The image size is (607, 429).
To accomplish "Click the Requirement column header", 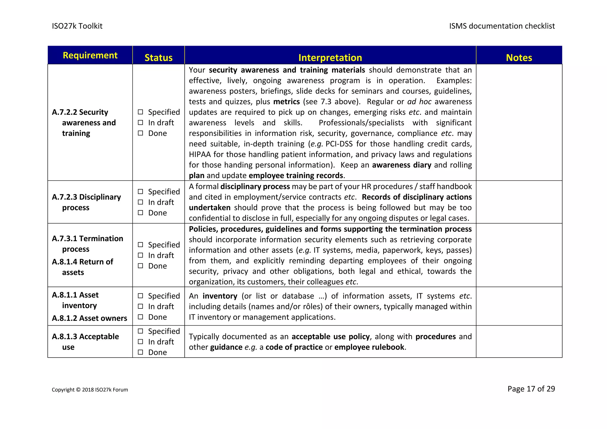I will click(90, 55).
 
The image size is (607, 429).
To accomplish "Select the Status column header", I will click(158, 57).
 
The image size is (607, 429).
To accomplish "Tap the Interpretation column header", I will click(330, 57).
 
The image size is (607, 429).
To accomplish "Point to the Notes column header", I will click(519, 57).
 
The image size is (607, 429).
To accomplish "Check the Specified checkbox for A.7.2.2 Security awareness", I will click(140, 112).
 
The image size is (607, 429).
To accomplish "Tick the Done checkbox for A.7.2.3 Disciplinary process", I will click(140, 213).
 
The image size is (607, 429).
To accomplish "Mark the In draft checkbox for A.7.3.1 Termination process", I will click(140, 255).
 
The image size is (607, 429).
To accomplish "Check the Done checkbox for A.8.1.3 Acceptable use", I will click(140, 352).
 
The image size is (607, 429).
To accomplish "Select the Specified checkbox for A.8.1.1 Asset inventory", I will click(140, 296).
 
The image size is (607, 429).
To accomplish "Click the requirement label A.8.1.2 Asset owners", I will click(90, 318).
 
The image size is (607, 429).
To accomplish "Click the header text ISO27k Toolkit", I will click(77, 26).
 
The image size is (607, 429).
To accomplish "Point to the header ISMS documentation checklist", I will click(502, 26).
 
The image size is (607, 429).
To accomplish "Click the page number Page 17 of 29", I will click(531, 389).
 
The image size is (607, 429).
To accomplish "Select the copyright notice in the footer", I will click(90, 390).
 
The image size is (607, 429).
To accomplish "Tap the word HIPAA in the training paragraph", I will click(200, 154).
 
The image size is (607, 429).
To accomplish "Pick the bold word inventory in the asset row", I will click(220, 296).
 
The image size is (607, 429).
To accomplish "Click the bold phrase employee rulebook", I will click(369, 347).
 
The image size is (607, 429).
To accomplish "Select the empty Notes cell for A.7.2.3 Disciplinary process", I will click(519, 202).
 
